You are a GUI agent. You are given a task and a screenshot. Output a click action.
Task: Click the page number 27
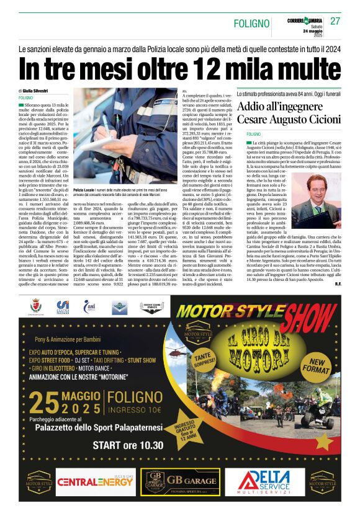point(335,21)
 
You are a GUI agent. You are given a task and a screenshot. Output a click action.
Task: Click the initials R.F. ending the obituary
point(337,283)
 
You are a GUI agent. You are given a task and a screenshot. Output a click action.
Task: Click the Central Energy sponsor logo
point(95,481)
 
